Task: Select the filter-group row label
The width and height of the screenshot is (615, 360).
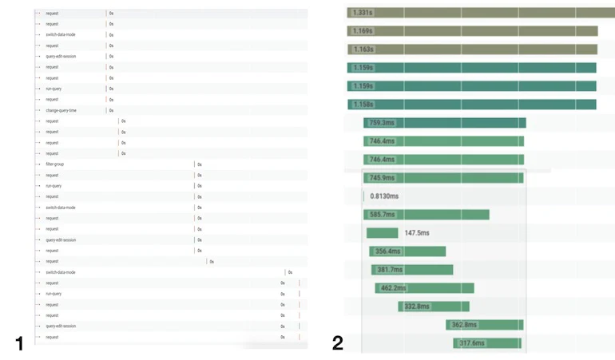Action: tap(55, 164)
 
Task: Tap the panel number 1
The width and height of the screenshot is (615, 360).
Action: tap(19, 343)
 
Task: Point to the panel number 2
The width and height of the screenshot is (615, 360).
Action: tap(338, 343)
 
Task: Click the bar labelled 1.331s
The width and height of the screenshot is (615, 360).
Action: tap(479, 13)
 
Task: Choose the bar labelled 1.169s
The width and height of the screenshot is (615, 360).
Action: tap(472, 31)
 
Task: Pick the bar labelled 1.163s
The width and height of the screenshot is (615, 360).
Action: tap(472, 49)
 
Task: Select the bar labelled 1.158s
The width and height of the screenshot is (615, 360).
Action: tap(471, 105)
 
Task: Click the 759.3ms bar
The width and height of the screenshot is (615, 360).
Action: tap(444, 123)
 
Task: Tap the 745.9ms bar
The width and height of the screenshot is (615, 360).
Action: tap(443, 178)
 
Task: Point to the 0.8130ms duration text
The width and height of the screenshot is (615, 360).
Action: tap(385, 196)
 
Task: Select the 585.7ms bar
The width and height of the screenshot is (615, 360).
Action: tap(426, 215)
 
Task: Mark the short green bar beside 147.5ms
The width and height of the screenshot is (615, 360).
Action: tap(382, 233)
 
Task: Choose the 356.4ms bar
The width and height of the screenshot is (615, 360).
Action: tap(407, 251)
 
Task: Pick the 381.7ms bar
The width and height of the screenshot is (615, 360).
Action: tap(412, 270)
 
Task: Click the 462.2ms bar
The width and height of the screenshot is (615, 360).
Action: tap(424, 288)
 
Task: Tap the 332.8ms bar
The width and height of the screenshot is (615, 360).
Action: tap(434, 307)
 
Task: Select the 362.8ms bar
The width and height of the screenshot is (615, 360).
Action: tap(484, 325)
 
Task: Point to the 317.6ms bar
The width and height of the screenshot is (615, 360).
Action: tap(487, 343)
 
